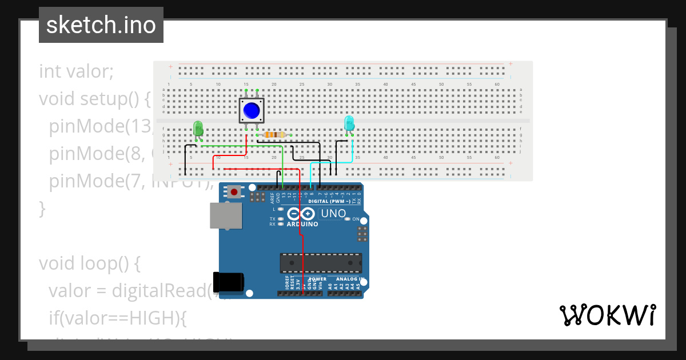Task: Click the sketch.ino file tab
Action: [101, 25]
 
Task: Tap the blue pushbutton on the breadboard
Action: [251, 110]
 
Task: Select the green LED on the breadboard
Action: [198, 129]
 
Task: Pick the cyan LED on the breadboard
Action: [349, 123]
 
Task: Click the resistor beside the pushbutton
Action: [274, 135]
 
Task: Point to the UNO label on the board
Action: [333, 214]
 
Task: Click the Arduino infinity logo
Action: [301, 214]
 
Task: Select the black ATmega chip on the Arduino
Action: [321, 263]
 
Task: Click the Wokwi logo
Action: [607, 315]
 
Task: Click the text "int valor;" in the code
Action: [77, 71]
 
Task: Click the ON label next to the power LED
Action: [356, 219]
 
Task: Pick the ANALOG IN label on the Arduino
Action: [349, 279]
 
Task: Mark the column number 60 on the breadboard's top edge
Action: [497, 85]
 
